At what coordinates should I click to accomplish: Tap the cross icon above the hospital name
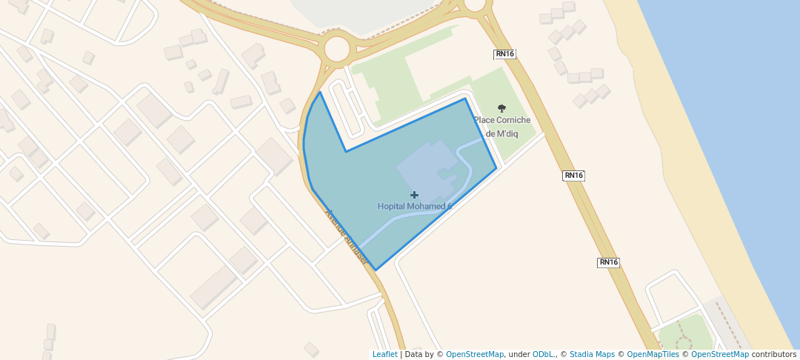tap(414, 195)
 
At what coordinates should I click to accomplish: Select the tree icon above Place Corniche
tap(501, 108)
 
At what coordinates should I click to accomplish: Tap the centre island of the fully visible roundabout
tap(336, 49)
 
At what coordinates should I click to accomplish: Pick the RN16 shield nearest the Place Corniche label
tap(504, 54)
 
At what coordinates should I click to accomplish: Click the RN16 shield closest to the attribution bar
tap(608, 262)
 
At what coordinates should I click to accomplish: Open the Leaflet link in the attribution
tap(384, 354)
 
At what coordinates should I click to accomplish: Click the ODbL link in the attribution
tap(543, 354)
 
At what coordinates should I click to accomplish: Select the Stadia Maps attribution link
tap(592, 354)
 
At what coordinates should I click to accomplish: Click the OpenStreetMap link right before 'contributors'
tap(720, 354)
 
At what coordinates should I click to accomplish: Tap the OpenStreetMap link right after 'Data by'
tap(475, 354)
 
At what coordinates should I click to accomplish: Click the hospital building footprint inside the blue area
tap(426, 163)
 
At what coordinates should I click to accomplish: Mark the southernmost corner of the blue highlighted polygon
tap(376, 270)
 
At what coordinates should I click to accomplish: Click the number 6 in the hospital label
tap(449, 206)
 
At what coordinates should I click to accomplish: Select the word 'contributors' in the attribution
tap(774, 354)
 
